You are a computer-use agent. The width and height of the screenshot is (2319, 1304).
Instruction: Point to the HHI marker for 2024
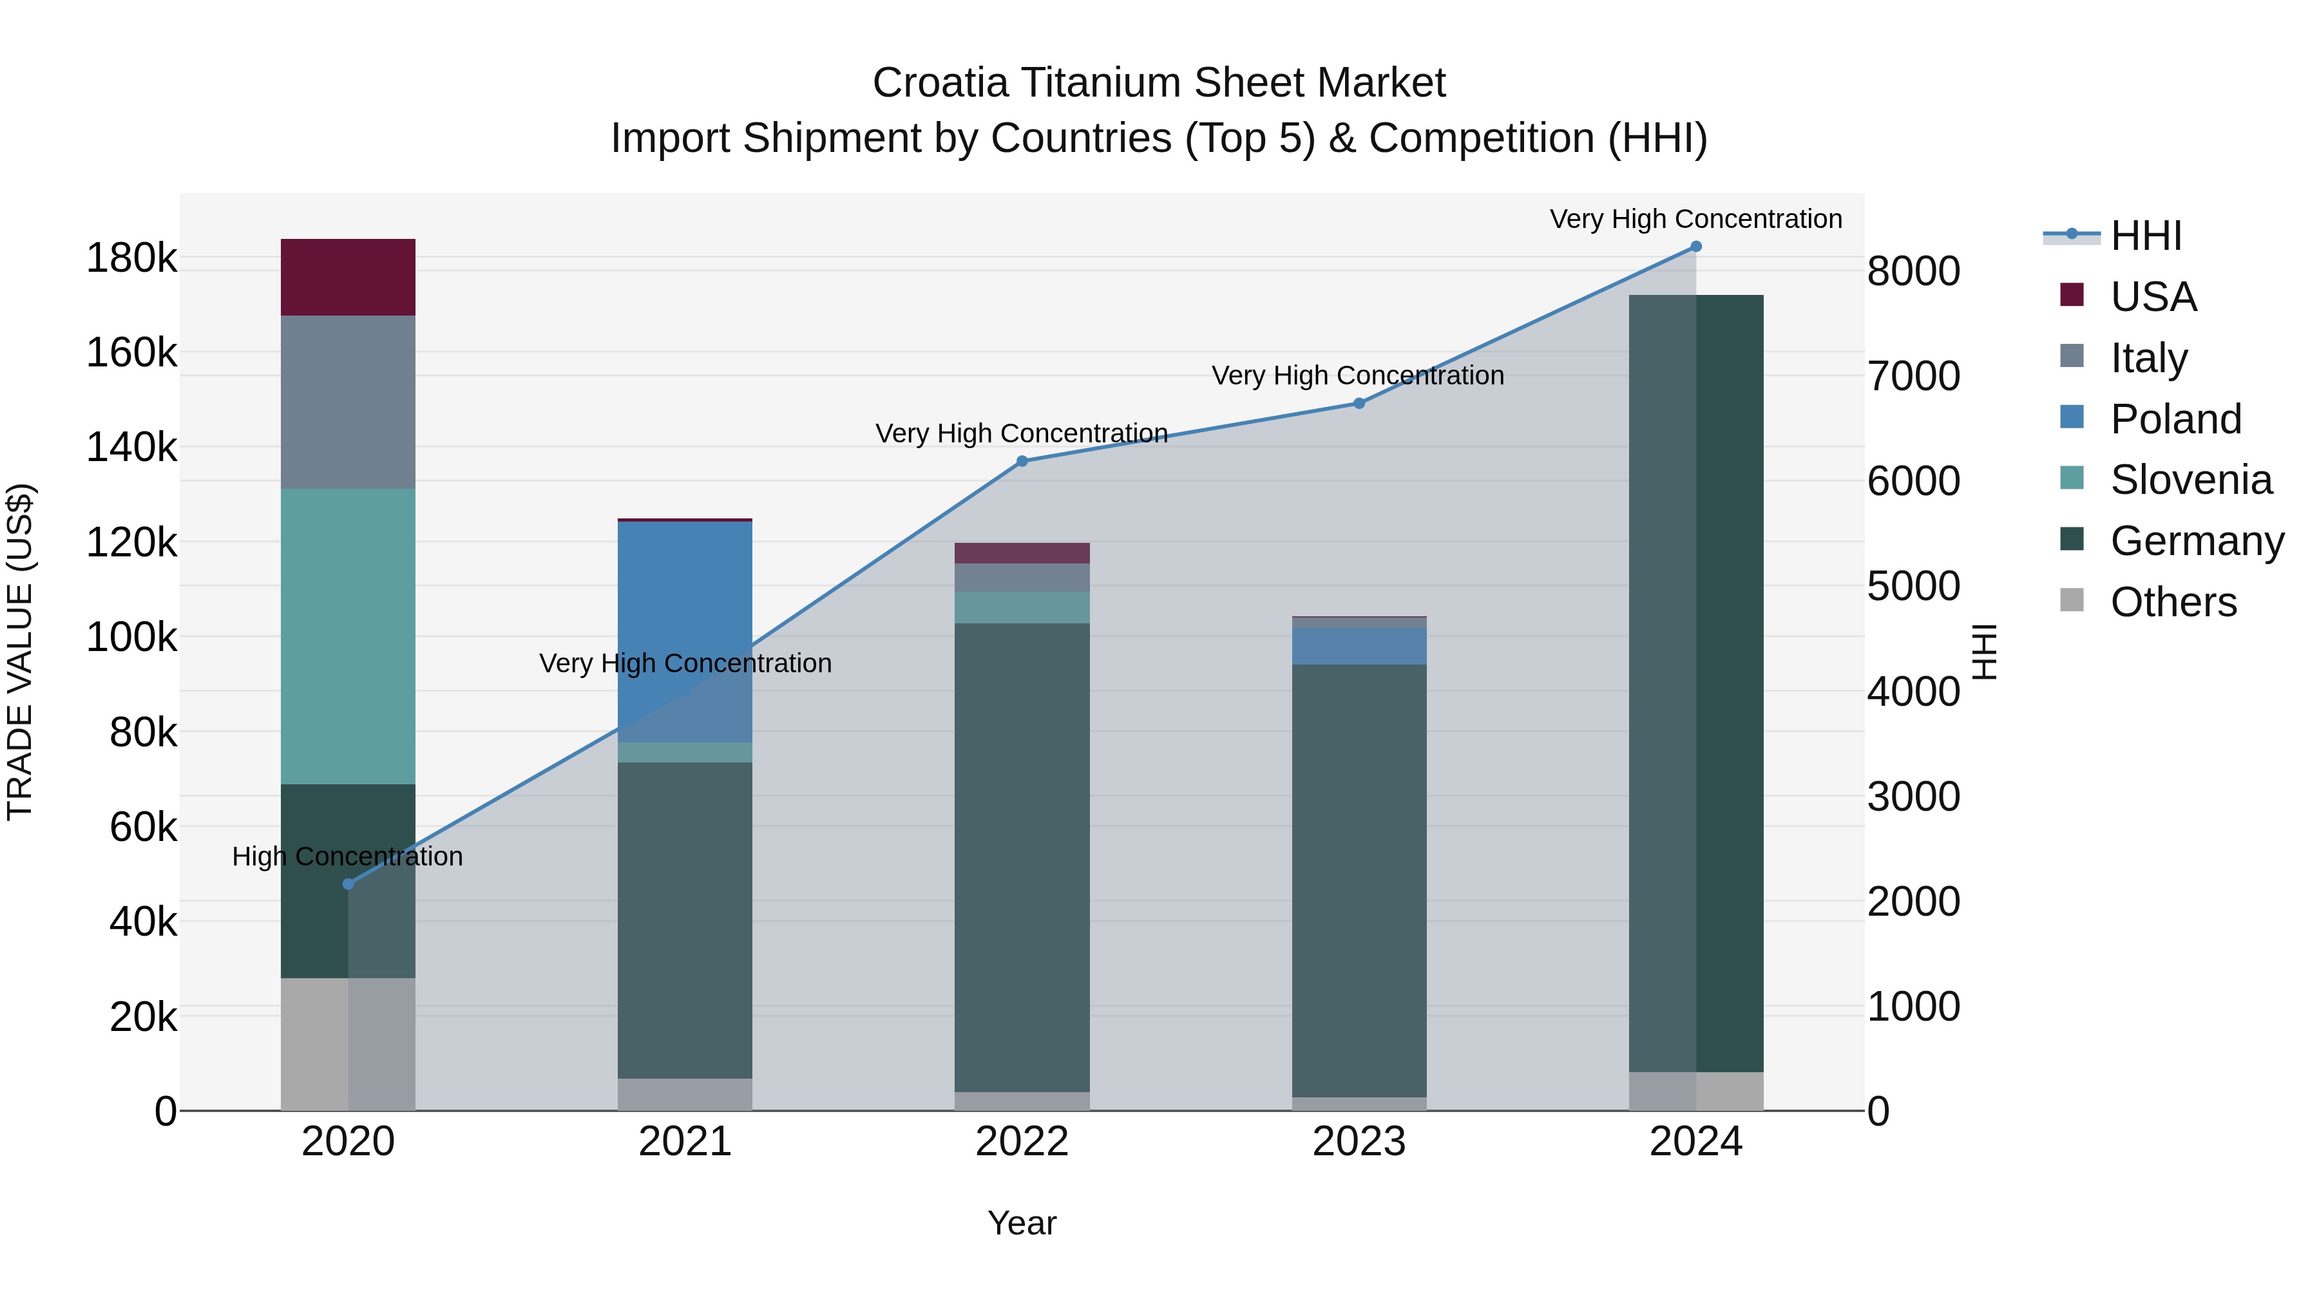click(x=1695, y=247)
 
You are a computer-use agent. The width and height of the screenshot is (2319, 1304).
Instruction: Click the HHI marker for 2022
click(x=1022, y=462)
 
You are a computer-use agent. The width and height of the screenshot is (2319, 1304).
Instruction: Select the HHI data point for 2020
click(x=348, y=884)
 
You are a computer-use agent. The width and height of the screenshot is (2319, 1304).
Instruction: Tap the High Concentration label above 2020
click(x=347, y=856)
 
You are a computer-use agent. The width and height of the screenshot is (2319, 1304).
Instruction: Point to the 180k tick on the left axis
click(x=131, y=259)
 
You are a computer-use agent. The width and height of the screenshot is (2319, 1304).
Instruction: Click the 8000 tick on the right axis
click(x=1913, y=271)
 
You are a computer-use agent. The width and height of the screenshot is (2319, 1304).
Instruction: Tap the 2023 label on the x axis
click(x=1359, y=1142)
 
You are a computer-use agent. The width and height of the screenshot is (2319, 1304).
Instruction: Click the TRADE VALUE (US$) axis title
click(x=20, y=652)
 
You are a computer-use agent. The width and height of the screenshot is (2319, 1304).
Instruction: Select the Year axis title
click(x=1022, y=1223)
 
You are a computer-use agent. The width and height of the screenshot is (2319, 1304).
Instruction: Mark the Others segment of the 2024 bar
click(x=1695, y=1091)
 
